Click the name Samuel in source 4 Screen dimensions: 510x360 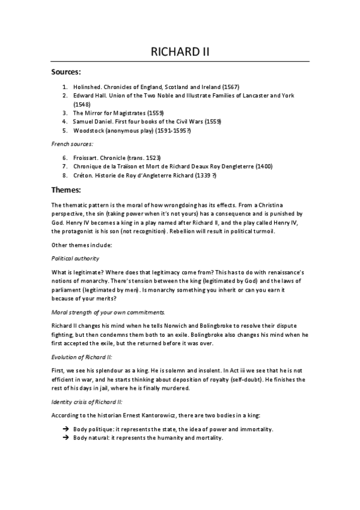click(x=83, y=121)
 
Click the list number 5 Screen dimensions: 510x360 click(x=64, y=129)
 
